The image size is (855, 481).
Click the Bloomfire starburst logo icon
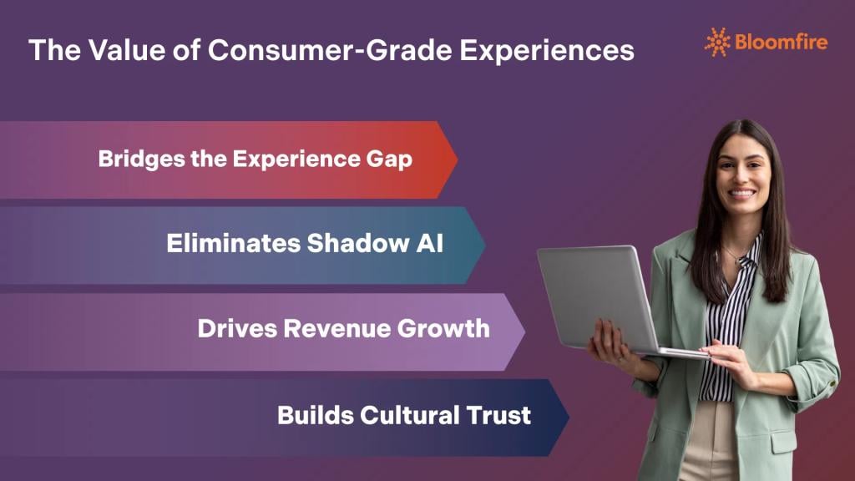tap(717, 41)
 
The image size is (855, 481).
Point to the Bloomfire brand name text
tap(782, 41)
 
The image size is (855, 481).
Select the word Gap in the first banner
tap(390, 159)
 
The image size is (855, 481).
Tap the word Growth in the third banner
tap(443, 328)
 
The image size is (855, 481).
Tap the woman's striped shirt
tap(717, 334)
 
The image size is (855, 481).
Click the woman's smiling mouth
tap(741, 193)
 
